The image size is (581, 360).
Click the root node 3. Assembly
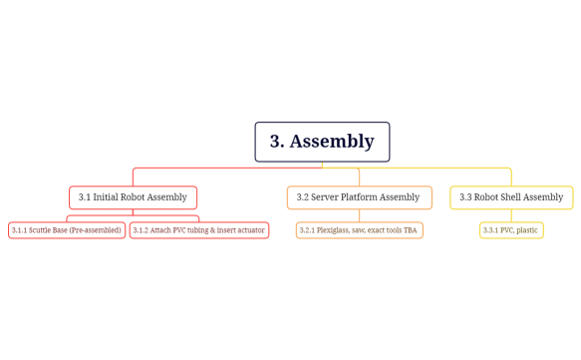pyautogui.click(x=322, y=142)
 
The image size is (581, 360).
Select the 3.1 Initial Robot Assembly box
pyautogui.click(x=133, y=197)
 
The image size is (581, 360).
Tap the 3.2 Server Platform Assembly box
pyautogui.click(x=359, y=197)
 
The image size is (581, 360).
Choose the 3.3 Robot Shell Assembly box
pyautogui.click(x=511, y=197)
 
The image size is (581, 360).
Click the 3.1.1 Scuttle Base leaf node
pyautogui.click(x=67, y=230)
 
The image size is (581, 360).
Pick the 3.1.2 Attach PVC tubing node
pyautogui.click(x=199, y=230)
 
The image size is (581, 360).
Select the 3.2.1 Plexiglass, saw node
pyautogui.click(x=359, y=230)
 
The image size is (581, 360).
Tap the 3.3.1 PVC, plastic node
pyautogui.click(x=511, y=230)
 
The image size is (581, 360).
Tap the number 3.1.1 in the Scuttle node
pyautogui.click(x=19, y=230)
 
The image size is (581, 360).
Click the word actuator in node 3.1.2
pyautogui.click(x=250, y=230)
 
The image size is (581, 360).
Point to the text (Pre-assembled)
pyautogui.click(x=98, y=230)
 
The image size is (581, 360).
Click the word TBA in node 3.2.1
pyautogui.click(x=410, y=230)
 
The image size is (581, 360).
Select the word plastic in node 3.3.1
pyautogui.click(x=527, y=230)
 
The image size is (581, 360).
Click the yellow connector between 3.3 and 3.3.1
pyautogui.click(x=511, y=215)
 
